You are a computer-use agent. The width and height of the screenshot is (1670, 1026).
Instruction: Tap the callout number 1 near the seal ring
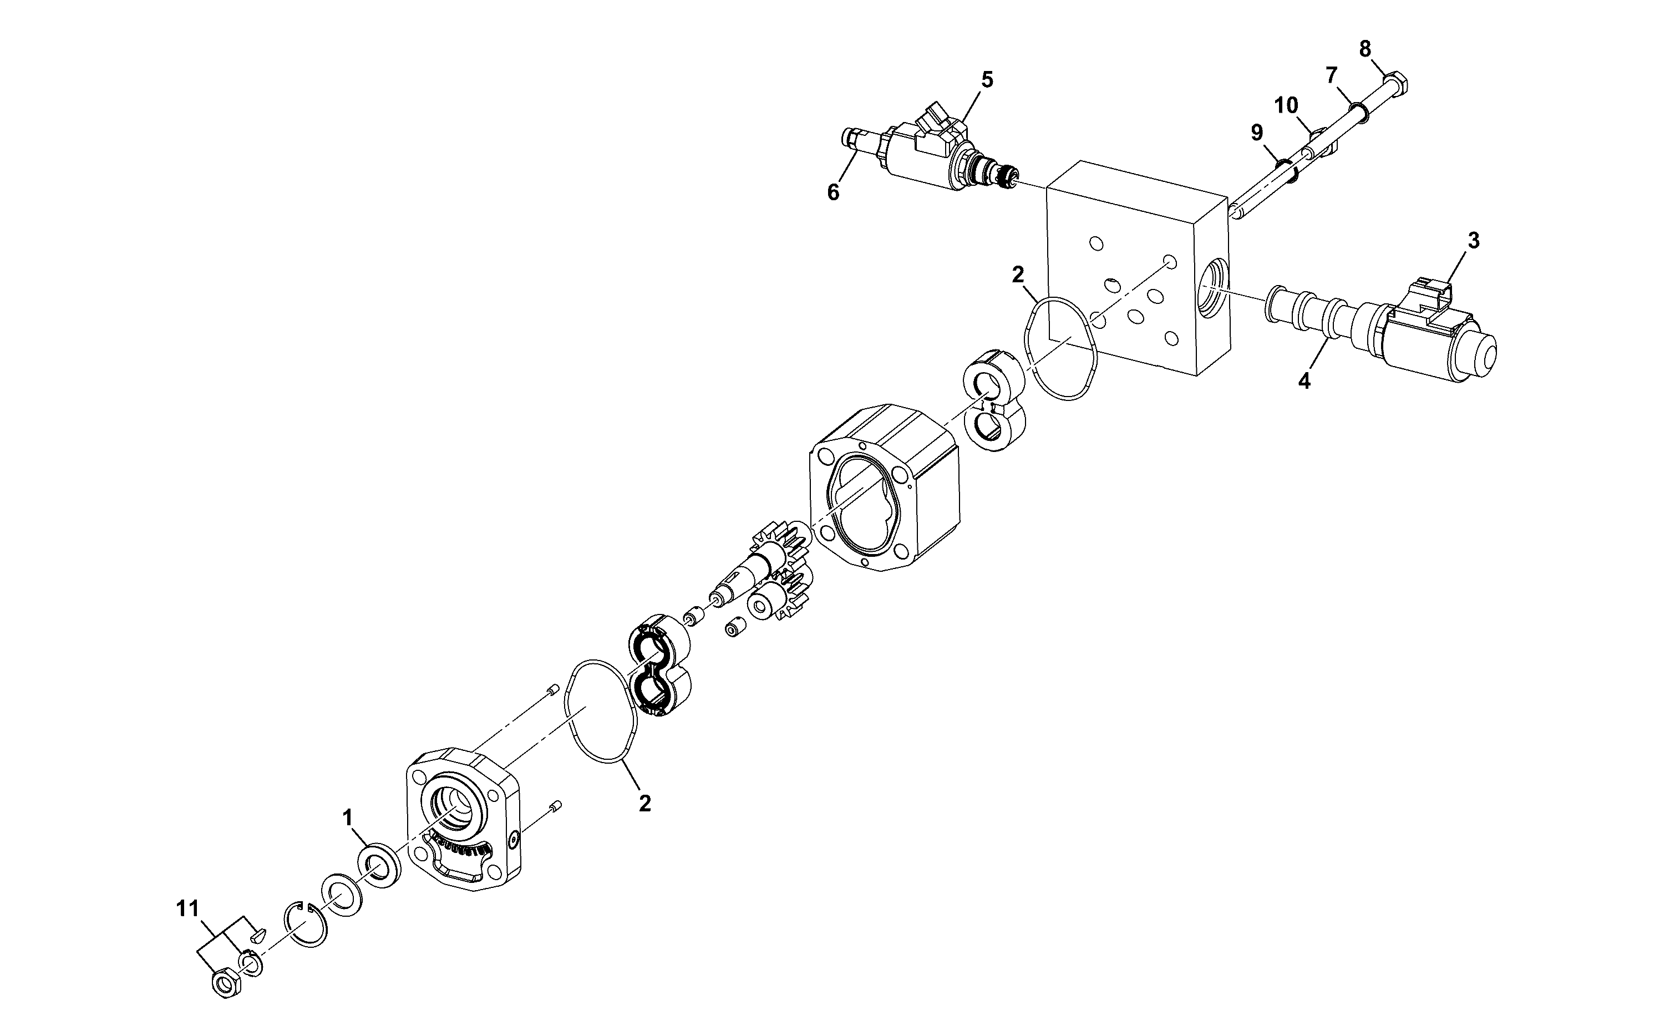click(x=348, y=817)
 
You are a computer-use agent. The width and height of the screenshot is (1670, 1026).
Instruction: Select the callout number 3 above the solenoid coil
click(x=1473, y=240)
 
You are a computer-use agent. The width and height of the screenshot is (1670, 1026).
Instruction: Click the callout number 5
click(x=987, y=79)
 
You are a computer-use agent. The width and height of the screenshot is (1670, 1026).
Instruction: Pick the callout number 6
click(x=833, y=192)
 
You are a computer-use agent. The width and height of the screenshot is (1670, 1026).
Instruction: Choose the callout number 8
click(x=1331, y=75)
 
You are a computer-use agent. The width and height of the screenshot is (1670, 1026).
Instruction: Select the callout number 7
click(x=1286, y=105)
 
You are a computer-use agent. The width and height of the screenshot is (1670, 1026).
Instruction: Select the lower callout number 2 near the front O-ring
click(x=644, y=804)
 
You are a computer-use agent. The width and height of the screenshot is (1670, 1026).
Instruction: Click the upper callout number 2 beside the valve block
click(x=1018, y=274)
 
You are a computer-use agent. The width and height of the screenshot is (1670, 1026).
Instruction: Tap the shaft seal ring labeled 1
click(x=379, y=866)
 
